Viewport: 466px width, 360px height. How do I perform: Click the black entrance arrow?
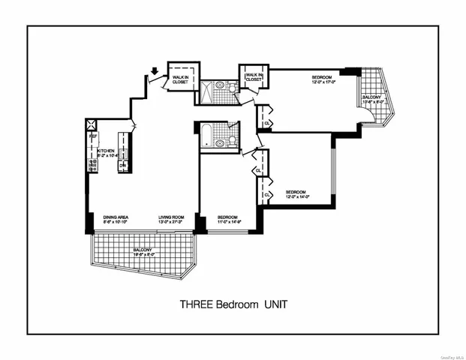click(155, 73)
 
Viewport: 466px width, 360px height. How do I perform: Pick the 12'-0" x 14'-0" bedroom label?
click(298, 193)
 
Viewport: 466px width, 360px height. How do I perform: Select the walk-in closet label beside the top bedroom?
click(253, 76)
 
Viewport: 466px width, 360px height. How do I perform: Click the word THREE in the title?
click(197, 304)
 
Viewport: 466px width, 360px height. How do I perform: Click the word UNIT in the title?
click(274, 304)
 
